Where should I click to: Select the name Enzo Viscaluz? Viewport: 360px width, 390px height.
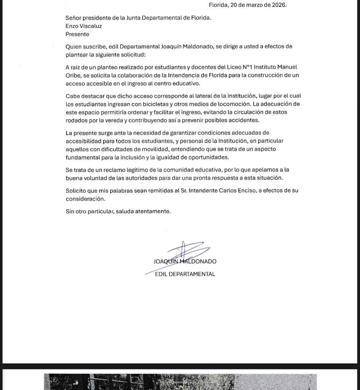[x=83, y=26]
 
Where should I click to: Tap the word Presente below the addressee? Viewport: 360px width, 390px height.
[x=77, y=34]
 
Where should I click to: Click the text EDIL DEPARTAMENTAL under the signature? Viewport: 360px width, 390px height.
[x=185, y=274]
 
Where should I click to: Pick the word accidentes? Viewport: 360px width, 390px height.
[x=240, y=120]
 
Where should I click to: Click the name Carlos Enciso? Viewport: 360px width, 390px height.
[x=237, y=190]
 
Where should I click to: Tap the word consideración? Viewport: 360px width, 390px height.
[x=85, y=199]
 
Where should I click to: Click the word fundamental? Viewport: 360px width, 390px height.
[x=82, y=157]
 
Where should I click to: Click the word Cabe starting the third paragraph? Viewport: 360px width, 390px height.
[x=72, y=96]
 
